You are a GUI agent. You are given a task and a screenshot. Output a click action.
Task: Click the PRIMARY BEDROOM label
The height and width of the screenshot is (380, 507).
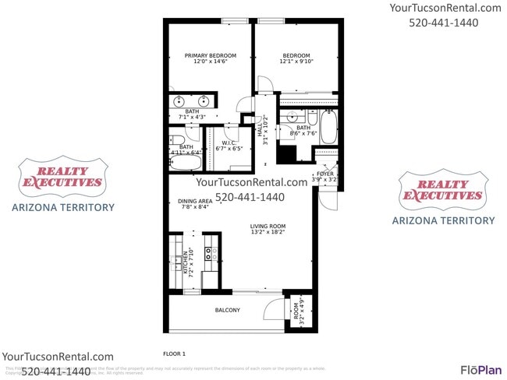click(210, 56)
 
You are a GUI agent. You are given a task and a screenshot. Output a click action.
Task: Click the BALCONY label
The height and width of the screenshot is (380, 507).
click(227, 311)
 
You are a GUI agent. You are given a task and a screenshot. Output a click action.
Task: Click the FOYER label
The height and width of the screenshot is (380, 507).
click(324, 174)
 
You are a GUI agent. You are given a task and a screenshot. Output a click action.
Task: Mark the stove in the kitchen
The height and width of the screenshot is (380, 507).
click(208, 252)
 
